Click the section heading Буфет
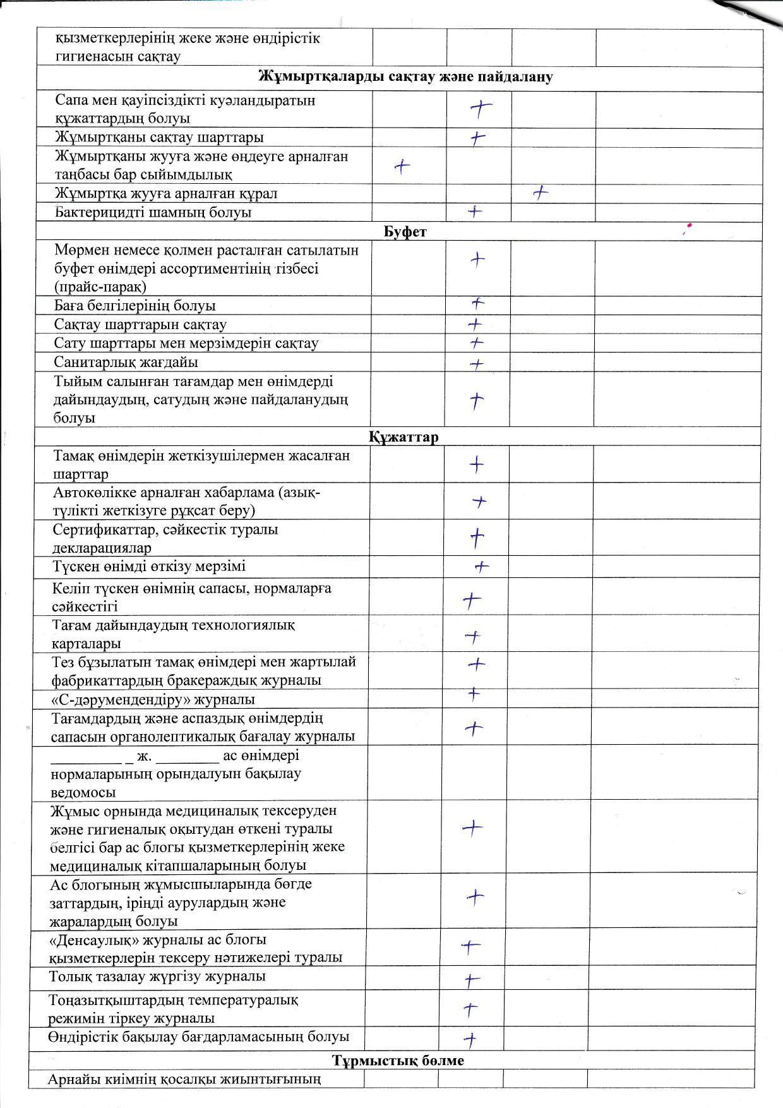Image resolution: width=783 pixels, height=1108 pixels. pos(405,232)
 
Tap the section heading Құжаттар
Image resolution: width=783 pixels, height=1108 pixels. pos(403,437)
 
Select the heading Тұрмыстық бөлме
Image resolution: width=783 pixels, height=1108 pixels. pos(398,1060)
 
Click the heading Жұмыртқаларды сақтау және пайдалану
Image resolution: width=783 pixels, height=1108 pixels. pos(405,77)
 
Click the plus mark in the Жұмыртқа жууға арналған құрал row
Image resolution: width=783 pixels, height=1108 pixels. pos(540,193)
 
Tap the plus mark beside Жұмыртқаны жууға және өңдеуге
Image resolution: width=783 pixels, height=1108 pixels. pos(402,166)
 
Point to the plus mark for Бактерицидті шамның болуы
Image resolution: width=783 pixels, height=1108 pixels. pos(475,212)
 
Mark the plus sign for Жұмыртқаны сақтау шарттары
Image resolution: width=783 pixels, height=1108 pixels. pos(478,138)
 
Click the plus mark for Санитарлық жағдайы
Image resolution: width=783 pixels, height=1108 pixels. pos(477,364)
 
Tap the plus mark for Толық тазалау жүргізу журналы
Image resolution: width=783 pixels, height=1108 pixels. pos(471,980)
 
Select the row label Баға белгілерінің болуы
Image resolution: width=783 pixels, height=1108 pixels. pos(135,306)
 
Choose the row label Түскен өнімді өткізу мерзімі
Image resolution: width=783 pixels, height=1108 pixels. pos(150,566)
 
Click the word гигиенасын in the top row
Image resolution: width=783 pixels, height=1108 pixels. pos(94,56)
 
